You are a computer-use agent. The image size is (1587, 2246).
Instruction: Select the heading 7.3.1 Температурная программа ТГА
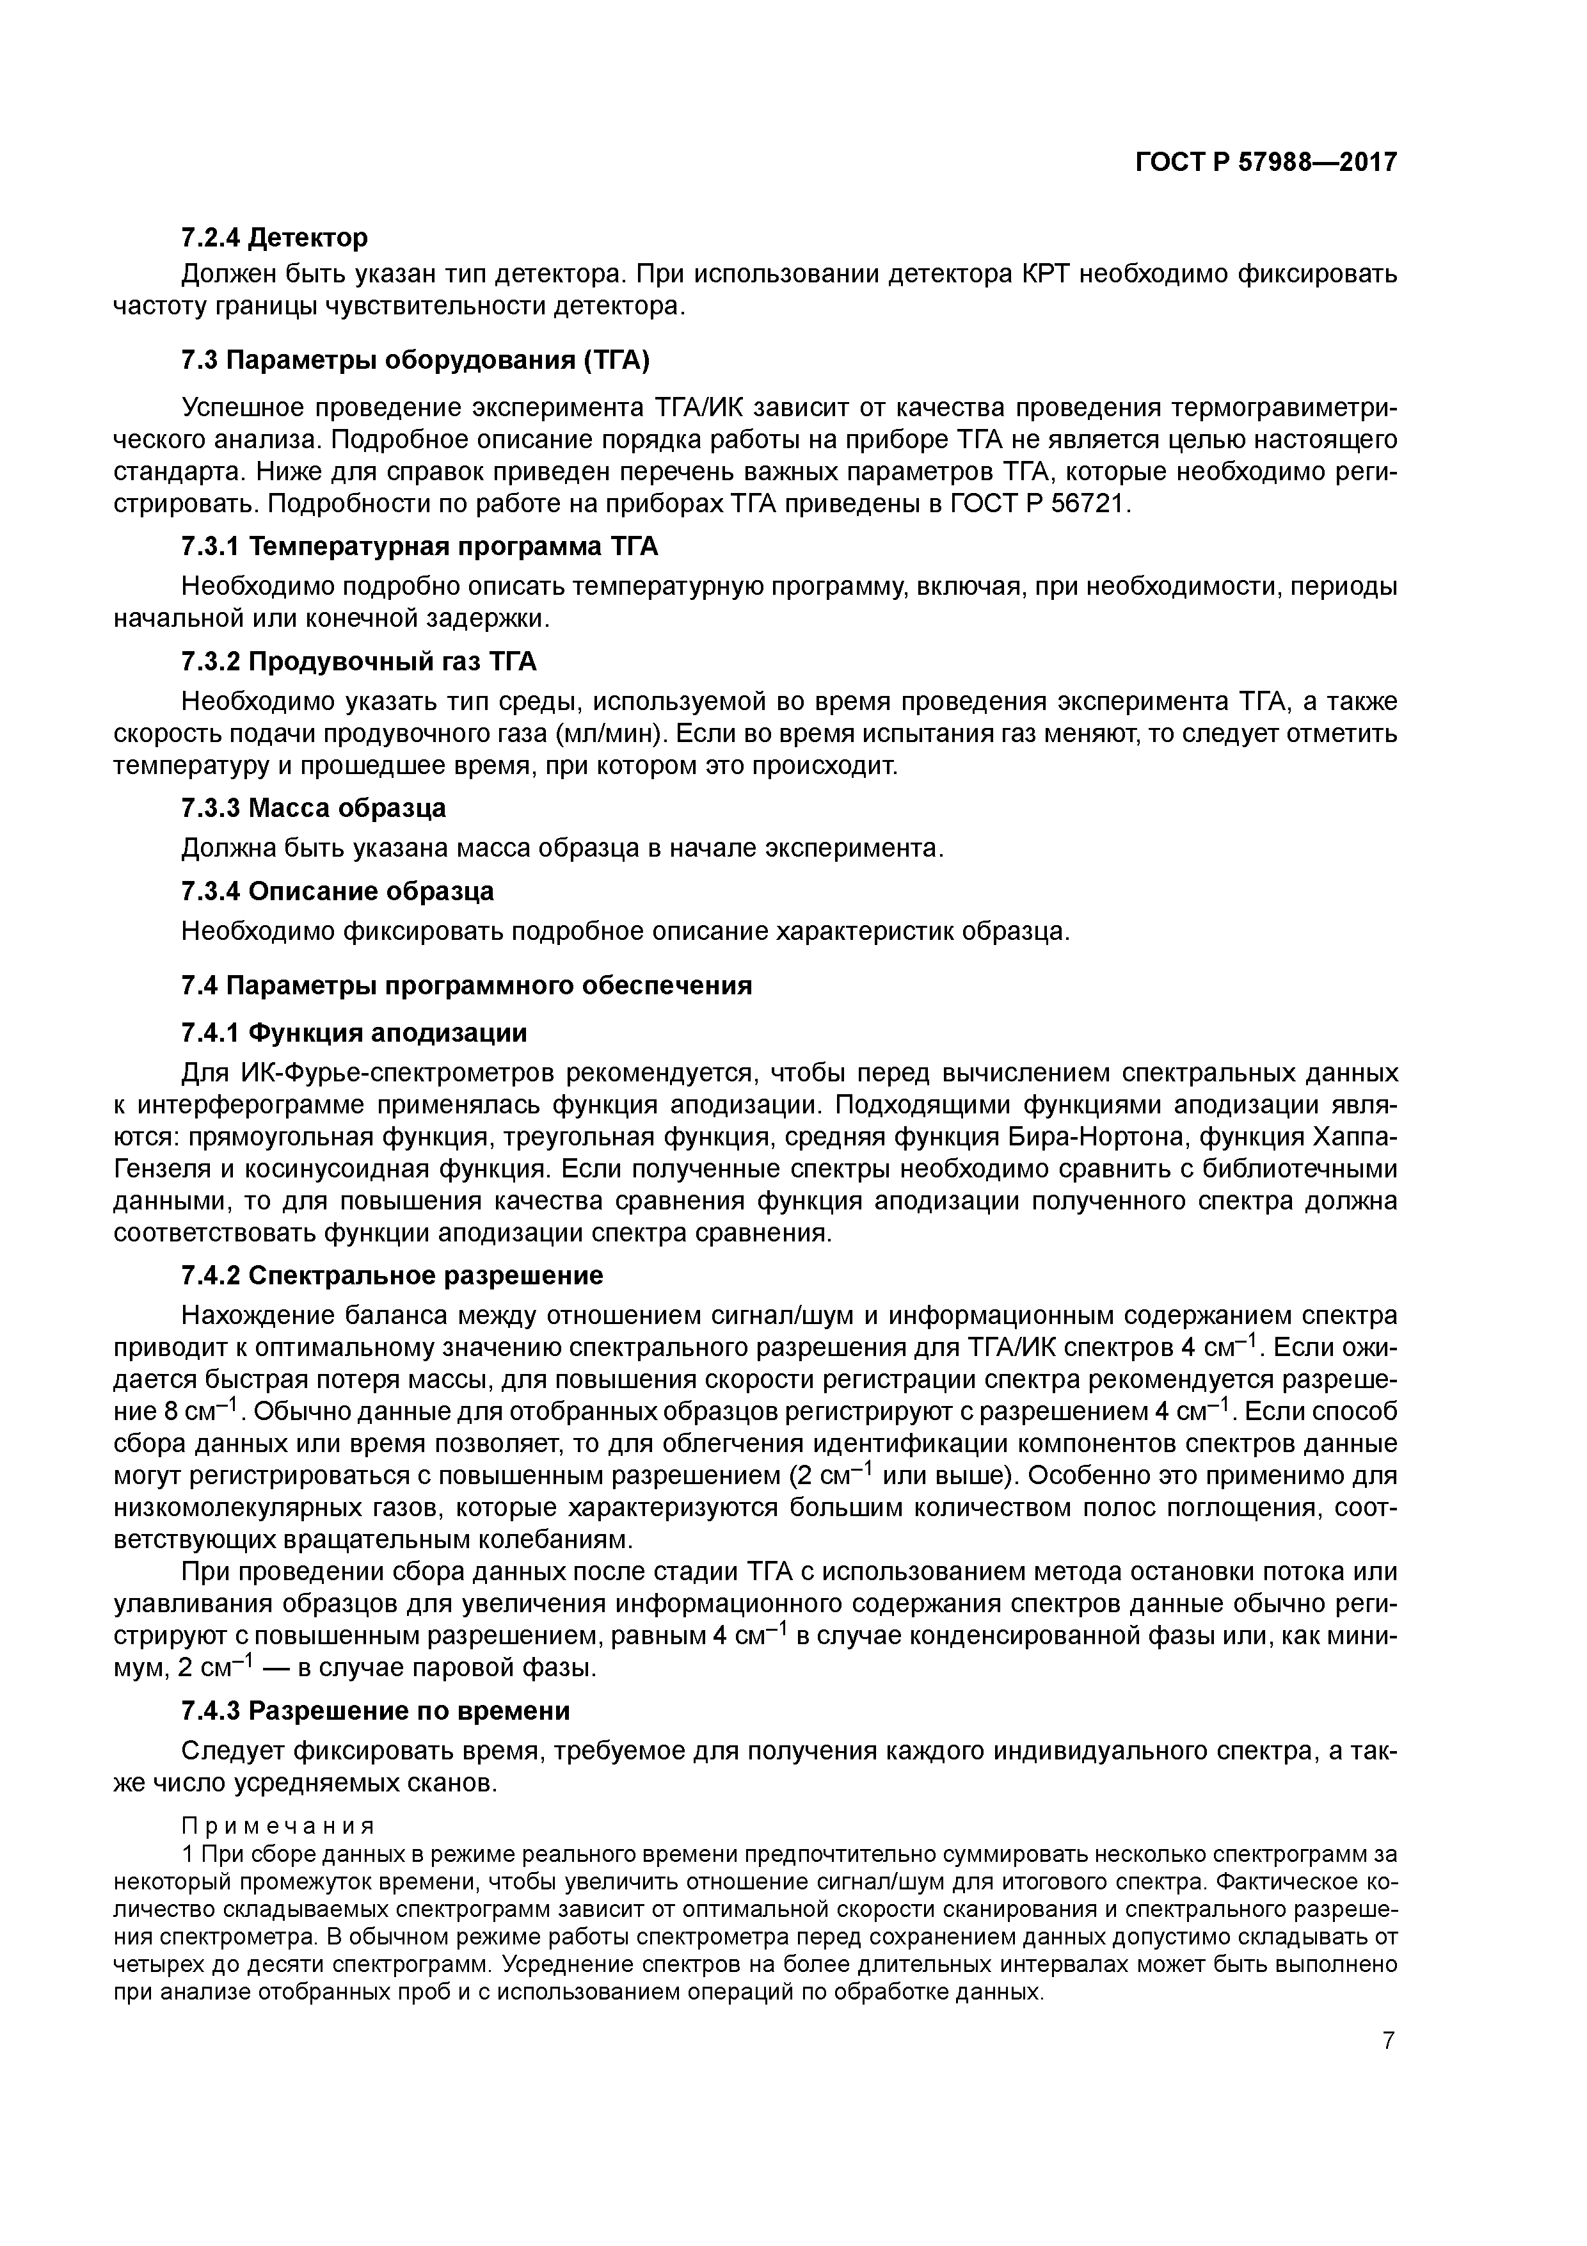(420, 546)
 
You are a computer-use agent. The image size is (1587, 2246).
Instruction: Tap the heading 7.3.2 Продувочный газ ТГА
(359, 662)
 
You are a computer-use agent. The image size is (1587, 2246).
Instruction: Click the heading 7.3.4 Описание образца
(337, 891)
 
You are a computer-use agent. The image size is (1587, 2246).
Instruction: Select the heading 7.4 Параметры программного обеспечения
(467, 985)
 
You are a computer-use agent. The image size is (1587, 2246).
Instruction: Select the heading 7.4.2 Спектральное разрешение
(392, 1275)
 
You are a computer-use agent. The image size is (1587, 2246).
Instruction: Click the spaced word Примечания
(278, 1827)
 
